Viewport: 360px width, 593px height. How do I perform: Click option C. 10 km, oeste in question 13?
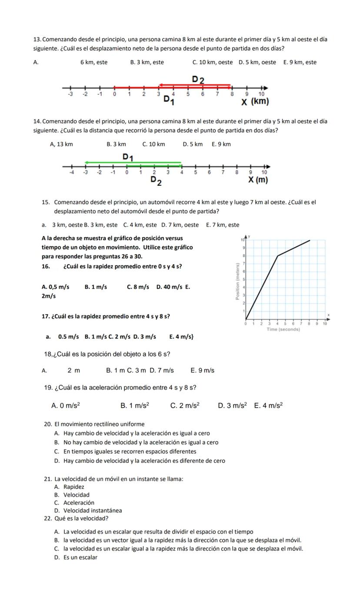tap(212, 62)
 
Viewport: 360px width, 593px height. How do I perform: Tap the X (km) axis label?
tap(255, 102)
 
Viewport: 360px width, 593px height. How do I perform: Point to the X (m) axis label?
tap(258, 180)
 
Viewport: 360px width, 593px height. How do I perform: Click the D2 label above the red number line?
tap(198, 79)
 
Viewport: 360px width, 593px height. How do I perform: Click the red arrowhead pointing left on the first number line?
tap(160, 85)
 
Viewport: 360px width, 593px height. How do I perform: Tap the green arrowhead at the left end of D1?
tap(87, 162)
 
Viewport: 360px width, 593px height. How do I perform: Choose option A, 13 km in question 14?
tap(61, 144)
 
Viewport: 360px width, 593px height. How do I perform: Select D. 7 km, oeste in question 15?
tap(180, 225)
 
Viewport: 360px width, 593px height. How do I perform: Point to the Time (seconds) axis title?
tap(283, 329)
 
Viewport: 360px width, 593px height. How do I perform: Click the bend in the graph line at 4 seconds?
tap(278, 256)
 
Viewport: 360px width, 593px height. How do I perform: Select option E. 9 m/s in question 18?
tap(202, 371)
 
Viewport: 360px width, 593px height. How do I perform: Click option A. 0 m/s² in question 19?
tap(65, 405)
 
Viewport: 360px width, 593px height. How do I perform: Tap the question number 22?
tap(48, 518)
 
